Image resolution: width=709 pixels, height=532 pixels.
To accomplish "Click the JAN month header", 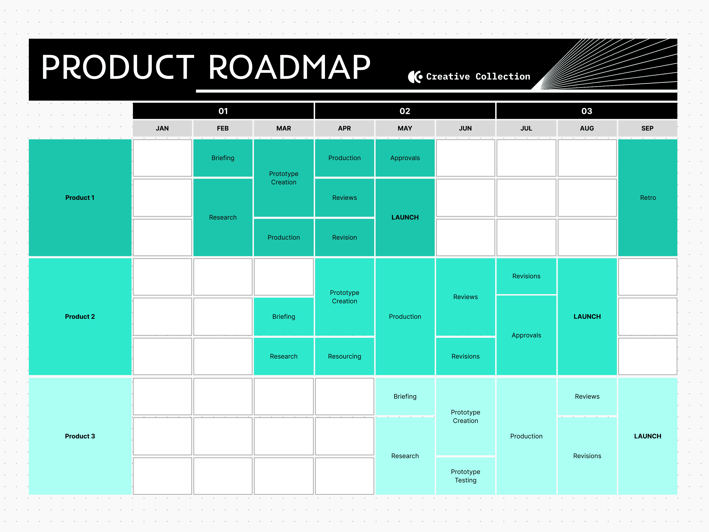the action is coord(162,128).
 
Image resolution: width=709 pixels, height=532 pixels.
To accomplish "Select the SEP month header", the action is coord(647,128).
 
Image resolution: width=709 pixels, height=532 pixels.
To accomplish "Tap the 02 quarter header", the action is coord(405,111).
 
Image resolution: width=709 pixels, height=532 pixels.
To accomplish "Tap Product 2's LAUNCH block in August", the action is coord(587,316).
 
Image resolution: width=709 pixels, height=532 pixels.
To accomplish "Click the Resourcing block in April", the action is coord(344,356).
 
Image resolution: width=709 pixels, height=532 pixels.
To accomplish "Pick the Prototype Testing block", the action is coord(465,476).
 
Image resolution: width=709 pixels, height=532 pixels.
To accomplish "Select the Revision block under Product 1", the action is coord(344,237).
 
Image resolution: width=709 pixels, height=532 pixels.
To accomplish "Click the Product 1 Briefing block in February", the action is coord(223,158).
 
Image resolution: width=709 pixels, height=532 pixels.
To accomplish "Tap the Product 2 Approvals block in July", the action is coord(526,335).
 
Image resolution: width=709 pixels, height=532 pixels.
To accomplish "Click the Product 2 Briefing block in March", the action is coord(284,316).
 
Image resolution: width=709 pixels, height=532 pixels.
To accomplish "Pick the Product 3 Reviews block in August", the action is coord(587,396).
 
